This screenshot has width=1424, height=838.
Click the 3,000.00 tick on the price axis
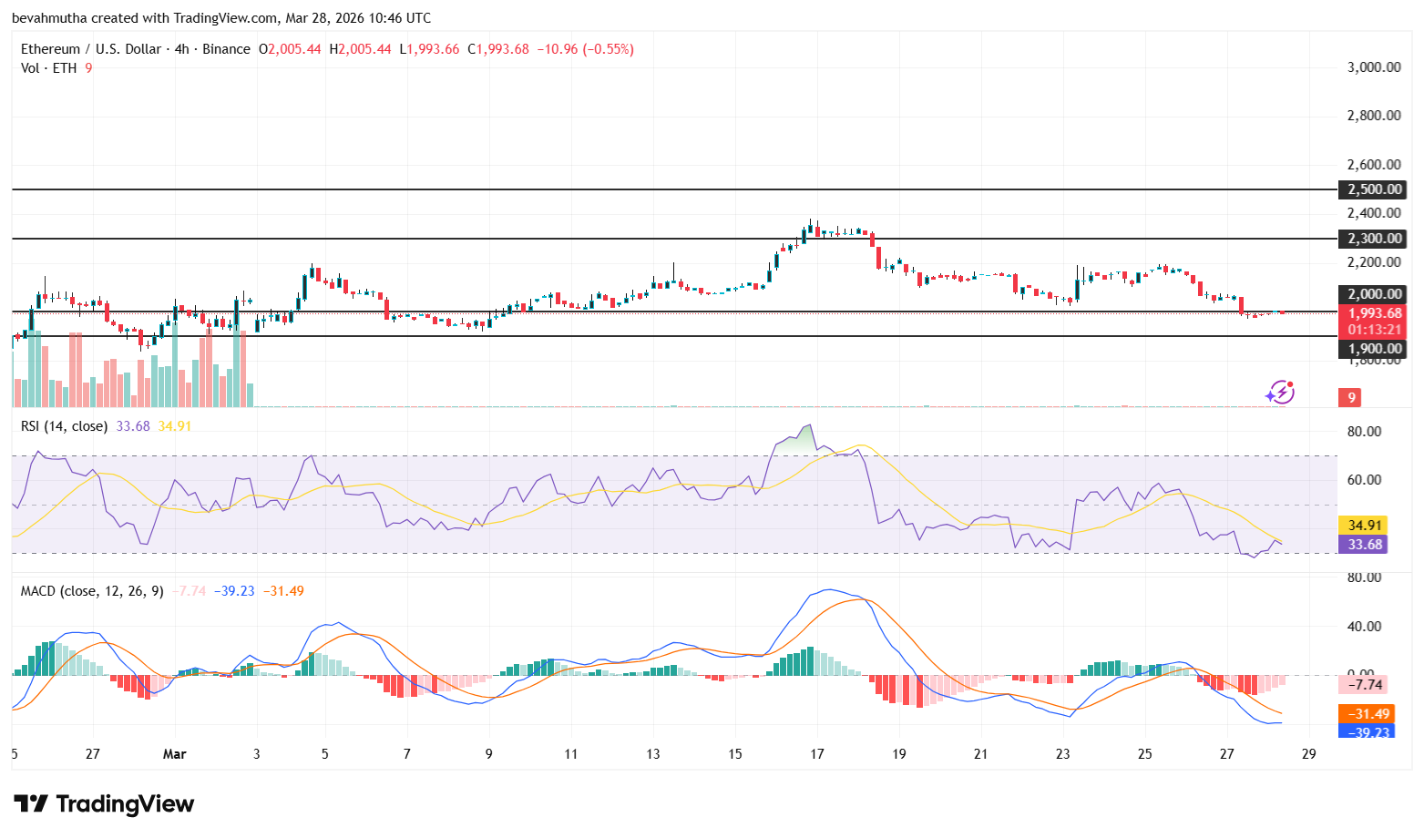1374,67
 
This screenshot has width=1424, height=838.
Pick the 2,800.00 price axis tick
1374,116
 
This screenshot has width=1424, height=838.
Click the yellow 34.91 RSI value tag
1365,526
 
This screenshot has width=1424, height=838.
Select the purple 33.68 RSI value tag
1365,545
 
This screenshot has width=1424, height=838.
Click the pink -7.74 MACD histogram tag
1366,685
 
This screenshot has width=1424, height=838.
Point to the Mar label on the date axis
174,754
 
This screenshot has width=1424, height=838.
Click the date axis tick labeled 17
817,754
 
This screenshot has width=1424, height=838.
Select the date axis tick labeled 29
1309,754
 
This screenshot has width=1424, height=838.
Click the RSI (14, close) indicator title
64,426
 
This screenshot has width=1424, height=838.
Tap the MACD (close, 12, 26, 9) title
92,591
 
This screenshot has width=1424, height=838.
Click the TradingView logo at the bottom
104,804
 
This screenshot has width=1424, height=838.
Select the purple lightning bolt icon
1280,393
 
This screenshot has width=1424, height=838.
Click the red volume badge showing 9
1351,398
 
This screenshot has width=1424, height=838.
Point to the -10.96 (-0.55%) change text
585,49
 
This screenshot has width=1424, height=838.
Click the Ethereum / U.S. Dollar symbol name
91,49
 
